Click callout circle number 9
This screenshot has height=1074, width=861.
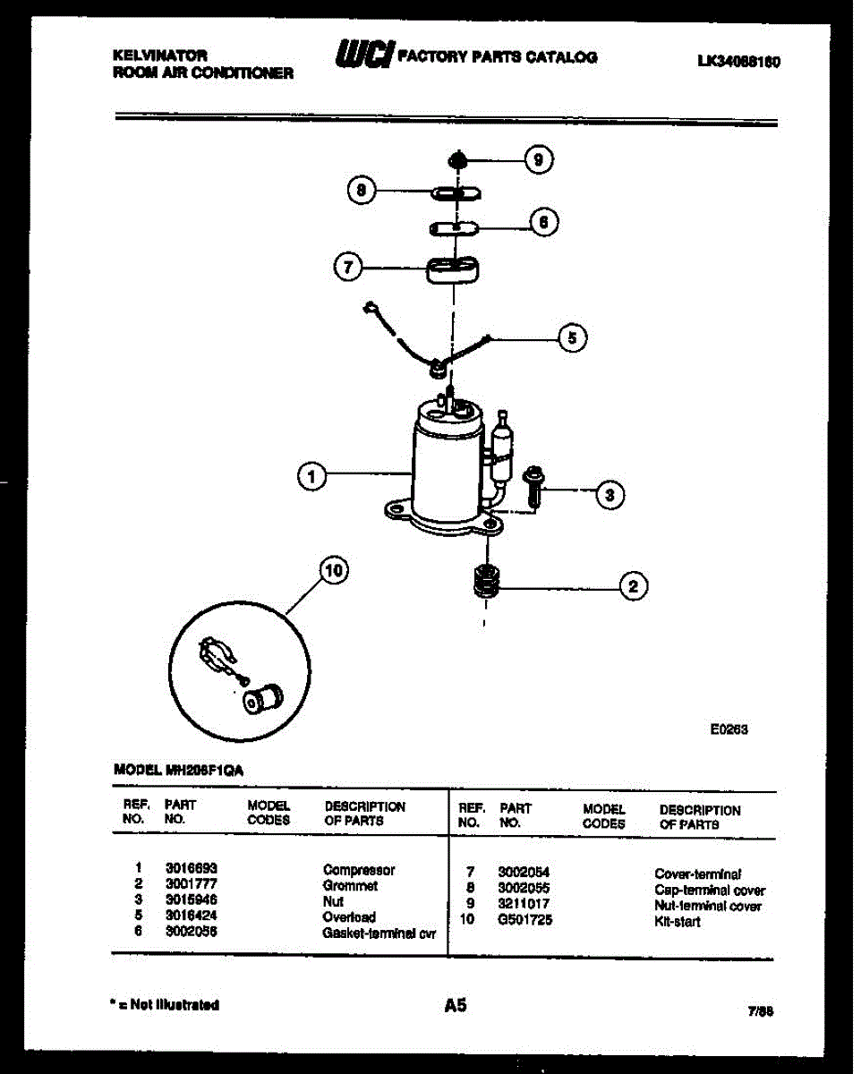point(537,160)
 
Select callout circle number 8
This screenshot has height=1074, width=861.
point(361,191)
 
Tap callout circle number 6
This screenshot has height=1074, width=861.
point(544,221)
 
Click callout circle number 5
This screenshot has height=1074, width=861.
point(572,337)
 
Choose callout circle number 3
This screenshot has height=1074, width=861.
point(610,494)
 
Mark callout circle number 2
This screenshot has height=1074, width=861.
point(633,587)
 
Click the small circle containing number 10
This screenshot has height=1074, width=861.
point(333,572)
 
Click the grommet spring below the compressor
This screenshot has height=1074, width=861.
point(485,584)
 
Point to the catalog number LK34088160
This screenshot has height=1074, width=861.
point(738,63)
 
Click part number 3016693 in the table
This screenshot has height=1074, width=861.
point(192,869)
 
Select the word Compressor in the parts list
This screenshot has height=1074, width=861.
point(359,869)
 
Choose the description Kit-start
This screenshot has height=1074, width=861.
point(678,921)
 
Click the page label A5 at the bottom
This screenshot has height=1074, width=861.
point(456,1006)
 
